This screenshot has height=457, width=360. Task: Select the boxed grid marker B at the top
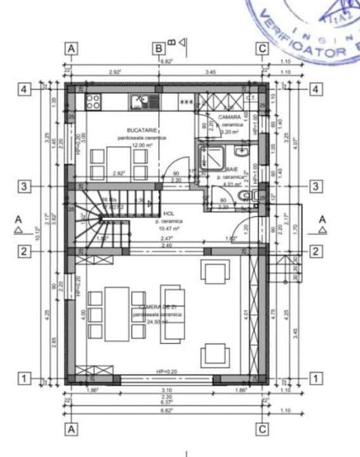158,48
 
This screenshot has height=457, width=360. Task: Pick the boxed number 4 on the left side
24,89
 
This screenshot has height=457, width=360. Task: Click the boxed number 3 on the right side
315,186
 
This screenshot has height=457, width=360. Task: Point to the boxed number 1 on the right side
315,378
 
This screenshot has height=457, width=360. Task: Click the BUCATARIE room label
133,129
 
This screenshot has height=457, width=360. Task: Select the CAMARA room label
230,118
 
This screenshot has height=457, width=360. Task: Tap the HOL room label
169,214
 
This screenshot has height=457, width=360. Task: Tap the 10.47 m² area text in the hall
169,228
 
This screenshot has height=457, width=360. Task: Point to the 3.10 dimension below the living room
167,390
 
